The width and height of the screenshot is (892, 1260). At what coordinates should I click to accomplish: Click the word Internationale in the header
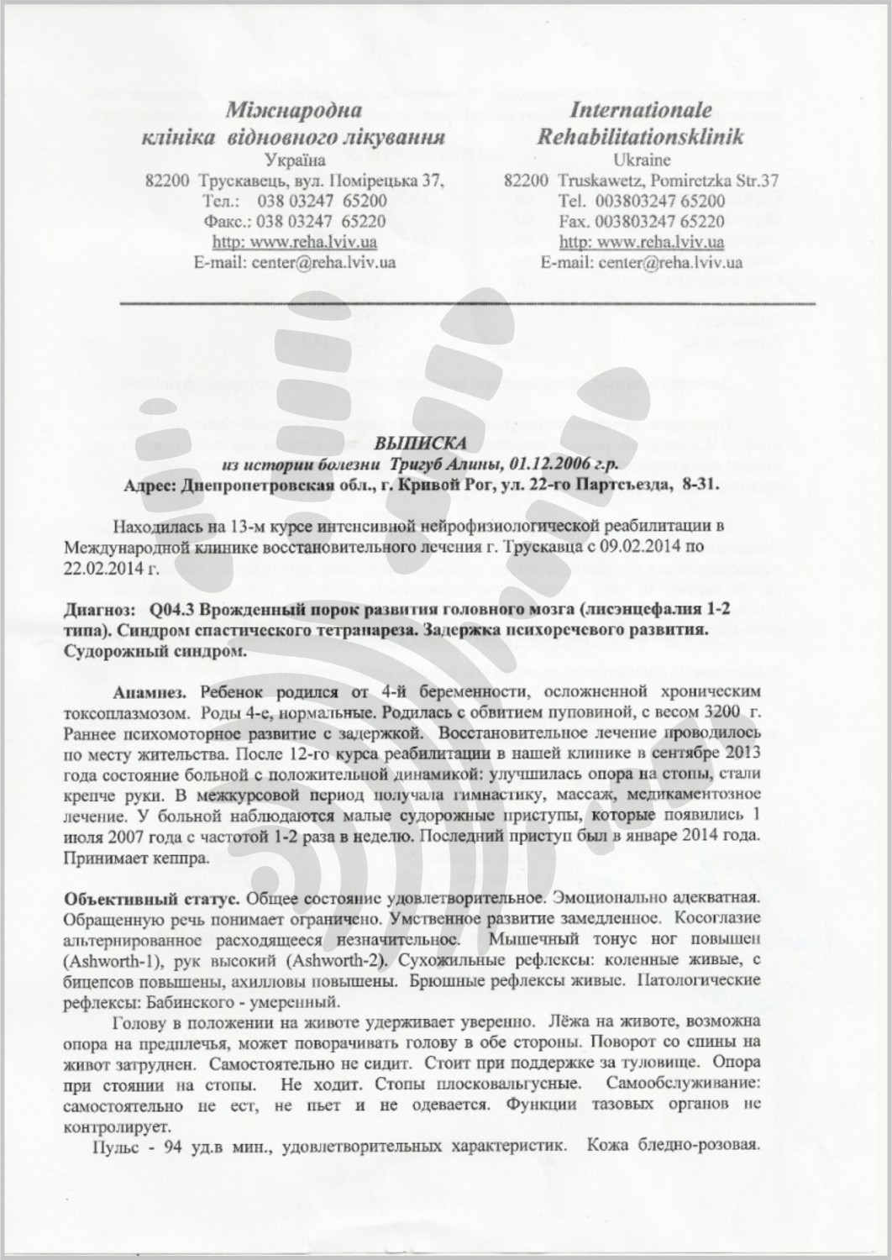[641, 111]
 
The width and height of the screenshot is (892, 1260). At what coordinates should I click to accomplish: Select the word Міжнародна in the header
[295, 111]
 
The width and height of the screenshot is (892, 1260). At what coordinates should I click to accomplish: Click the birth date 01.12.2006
[556, 465]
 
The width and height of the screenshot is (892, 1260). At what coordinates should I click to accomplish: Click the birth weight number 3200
[721, 713]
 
